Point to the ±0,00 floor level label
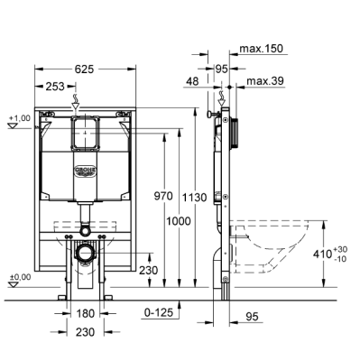tap(18, 276)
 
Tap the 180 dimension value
tap(85, 313)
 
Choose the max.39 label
tap(264, 82)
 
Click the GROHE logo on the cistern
tap(85, 168)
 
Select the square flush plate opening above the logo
tap(85, 135)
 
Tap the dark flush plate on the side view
tap(236, 130)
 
